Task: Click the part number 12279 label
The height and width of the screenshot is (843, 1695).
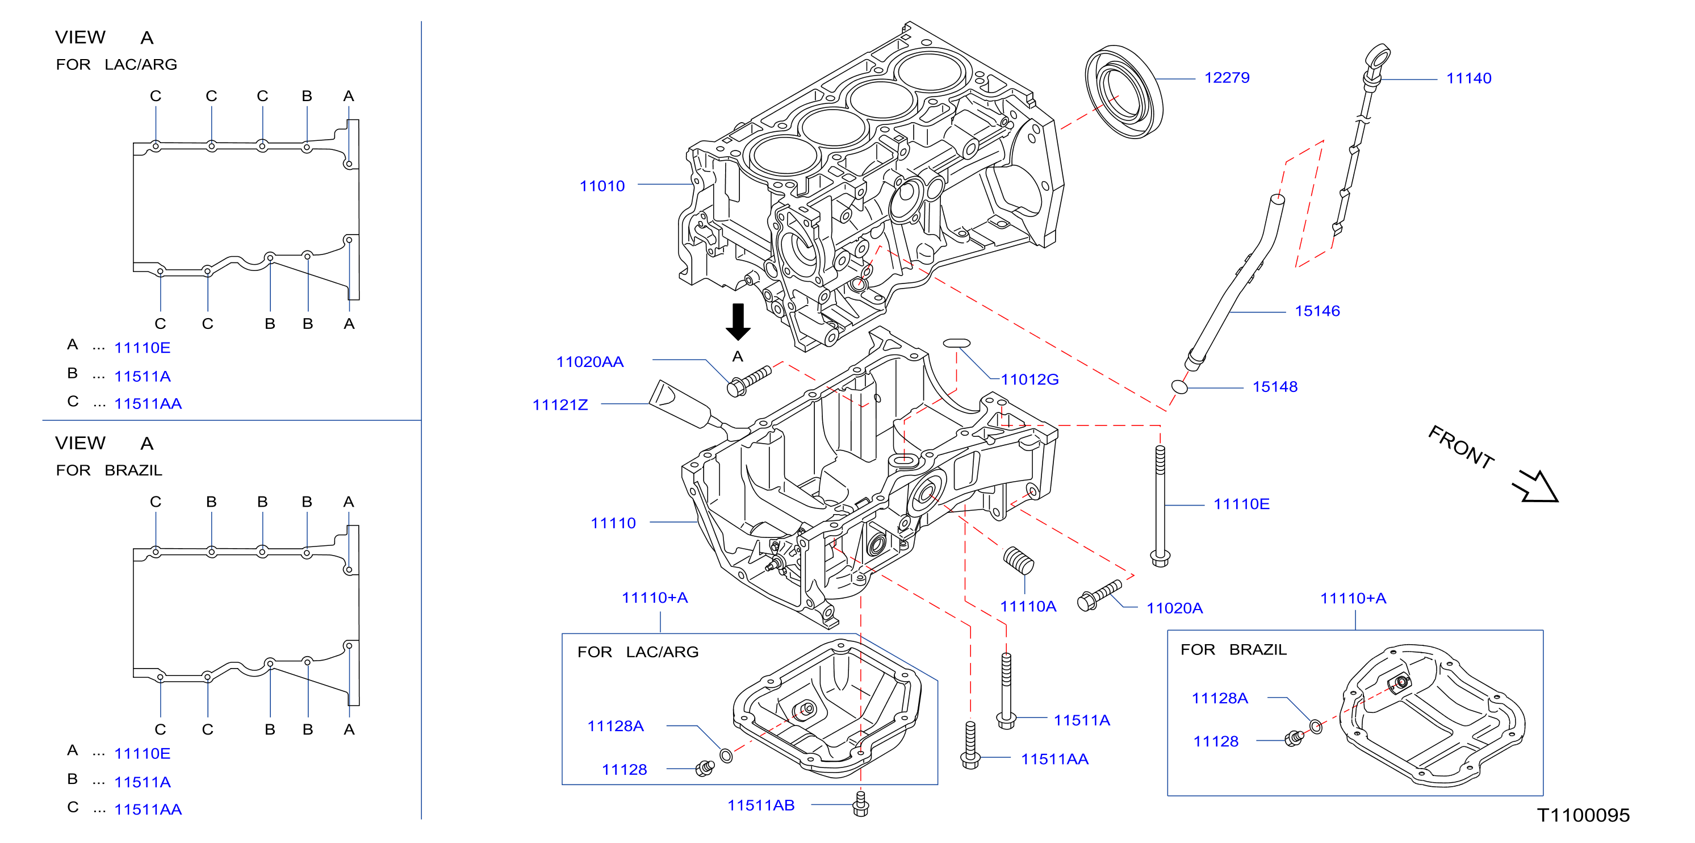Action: tap(1227, 78)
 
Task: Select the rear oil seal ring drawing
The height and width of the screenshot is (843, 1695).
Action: tap(1124, 91)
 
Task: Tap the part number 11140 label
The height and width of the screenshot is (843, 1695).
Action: tap(1468, 78)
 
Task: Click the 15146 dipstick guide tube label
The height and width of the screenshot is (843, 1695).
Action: tap(1317, 311)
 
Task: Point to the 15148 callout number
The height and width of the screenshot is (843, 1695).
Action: tap(1275, 386)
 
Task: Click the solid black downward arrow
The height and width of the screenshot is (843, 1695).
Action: tap(738, 322)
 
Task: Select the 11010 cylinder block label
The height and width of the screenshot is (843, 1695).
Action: tap(602, 186)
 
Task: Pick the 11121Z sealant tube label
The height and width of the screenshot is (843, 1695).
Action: tap(560, 404)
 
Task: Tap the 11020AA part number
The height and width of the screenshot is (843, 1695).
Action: tap(589, 362)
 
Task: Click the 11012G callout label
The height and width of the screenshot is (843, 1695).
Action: tap(1029, 379)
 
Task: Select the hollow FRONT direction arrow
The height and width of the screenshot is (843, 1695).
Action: tap(1536, 486)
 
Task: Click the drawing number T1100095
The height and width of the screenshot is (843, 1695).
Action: tap(1583, 815)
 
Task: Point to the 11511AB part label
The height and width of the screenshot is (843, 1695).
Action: tap(761, 805)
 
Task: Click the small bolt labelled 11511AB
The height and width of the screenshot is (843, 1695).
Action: tap(861, 804)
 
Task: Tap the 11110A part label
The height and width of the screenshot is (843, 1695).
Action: tap(1028, 606)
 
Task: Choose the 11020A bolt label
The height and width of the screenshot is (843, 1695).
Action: tap(1174, 608)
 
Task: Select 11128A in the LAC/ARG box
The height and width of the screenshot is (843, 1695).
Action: tap(615, 726)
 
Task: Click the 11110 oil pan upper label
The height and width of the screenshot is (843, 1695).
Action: tap(613, 523)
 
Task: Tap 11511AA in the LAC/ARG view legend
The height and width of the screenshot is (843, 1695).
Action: tap(148, 403)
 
